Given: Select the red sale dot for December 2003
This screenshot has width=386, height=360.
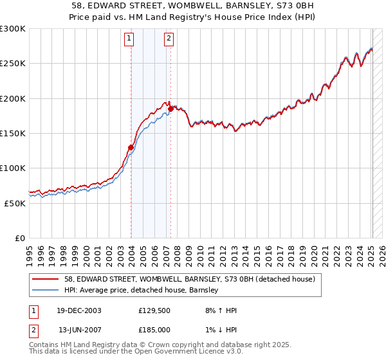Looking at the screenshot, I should tap(131, 148).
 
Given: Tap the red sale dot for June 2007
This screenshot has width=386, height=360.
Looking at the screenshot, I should tap(170, 109).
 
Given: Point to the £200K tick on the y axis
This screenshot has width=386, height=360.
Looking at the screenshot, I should tap(13, 98).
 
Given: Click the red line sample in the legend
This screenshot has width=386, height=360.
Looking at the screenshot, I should tap(46, 280).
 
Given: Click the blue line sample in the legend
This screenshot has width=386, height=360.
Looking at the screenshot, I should tap(46, 291).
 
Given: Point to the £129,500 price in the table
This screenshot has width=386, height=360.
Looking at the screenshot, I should tap(154, 310).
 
